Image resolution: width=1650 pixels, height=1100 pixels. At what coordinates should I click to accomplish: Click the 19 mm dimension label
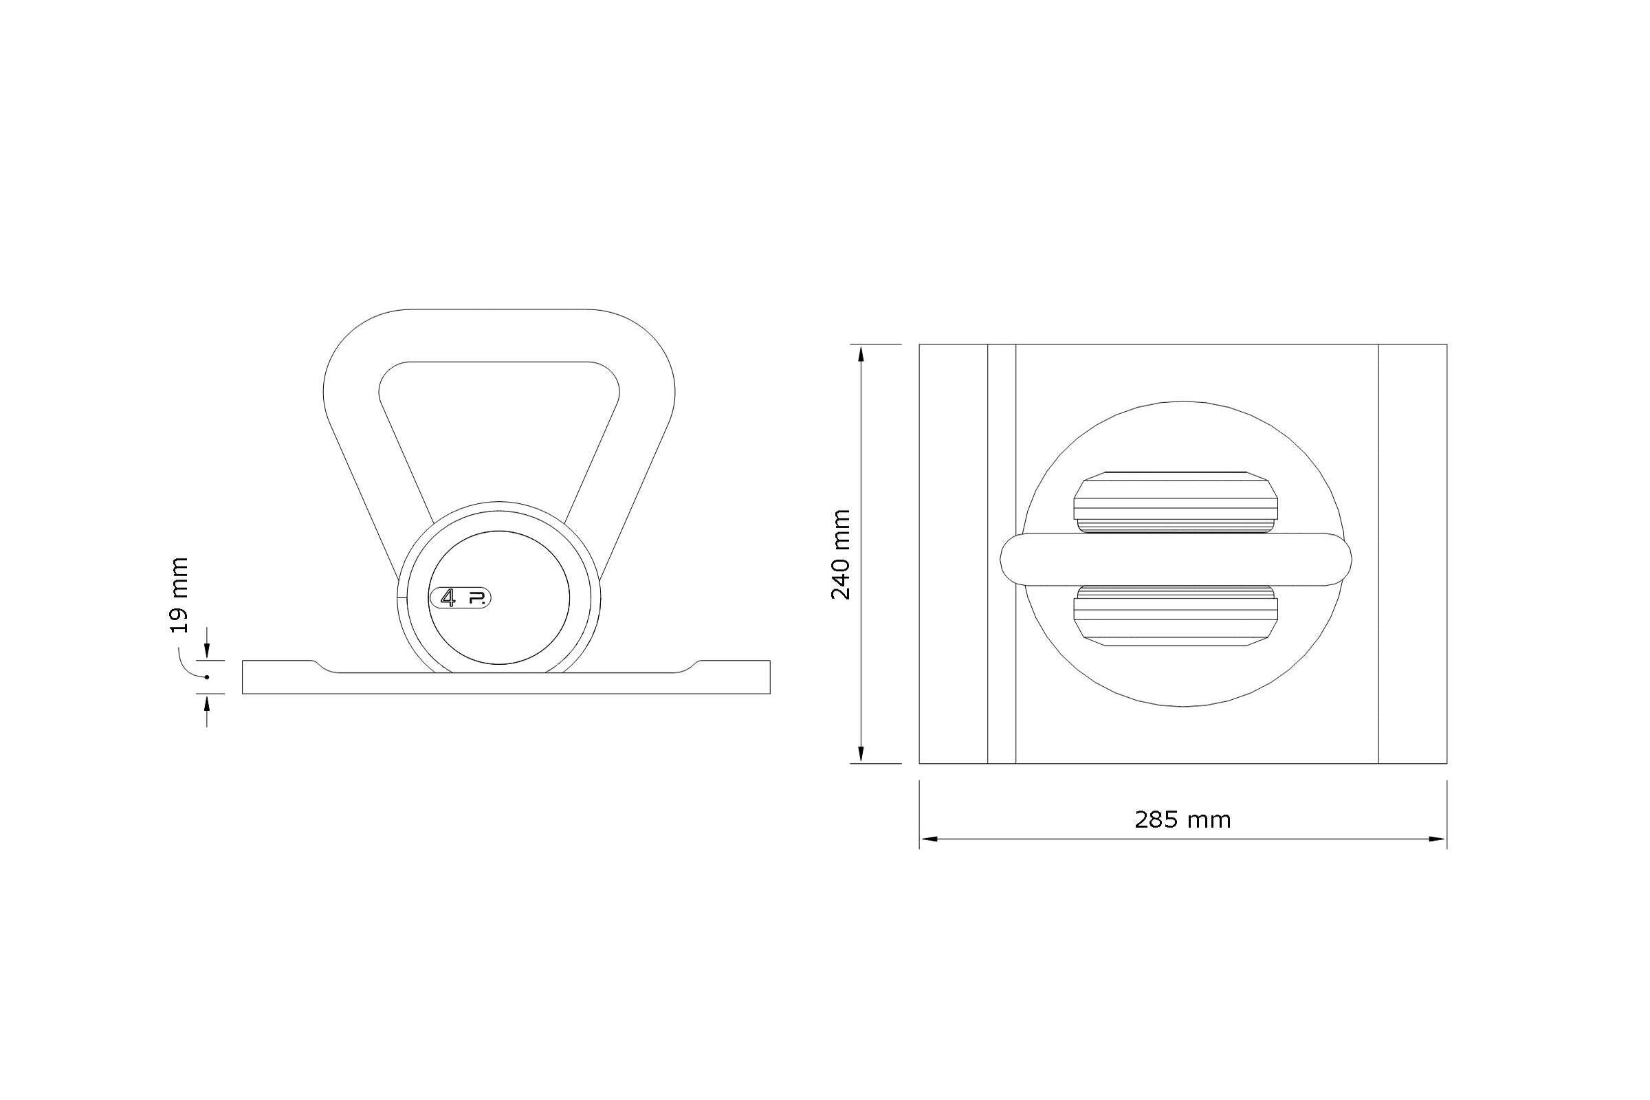click(179, 595)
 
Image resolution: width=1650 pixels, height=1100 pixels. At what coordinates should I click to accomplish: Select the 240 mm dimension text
click(840, 555)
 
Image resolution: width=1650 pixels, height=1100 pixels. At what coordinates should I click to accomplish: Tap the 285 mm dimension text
click(1182, 819)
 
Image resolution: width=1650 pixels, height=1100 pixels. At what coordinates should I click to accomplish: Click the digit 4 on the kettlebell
click(448, 597)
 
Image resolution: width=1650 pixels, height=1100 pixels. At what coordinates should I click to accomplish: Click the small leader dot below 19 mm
click(207, 677)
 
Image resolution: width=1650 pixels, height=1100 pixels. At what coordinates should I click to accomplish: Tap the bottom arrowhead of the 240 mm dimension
click(861, 755)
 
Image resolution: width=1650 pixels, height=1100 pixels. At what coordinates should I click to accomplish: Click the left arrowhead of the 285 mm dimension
click(928, 838)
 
